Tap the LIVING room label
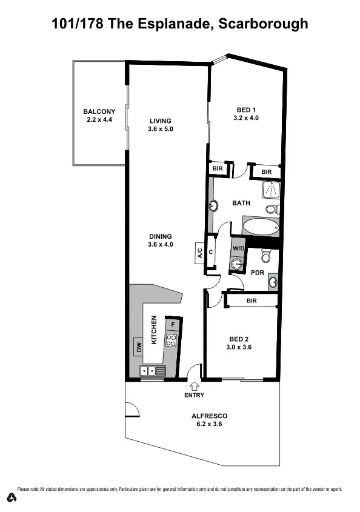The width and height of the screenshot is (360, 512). [x=160, y=121]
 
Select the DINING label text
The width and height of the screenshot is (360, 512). [x=160, y=236]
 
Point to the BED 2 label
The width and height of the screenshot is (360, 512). [x=239, y=339]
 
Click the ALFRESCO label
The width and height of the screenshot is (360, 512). [x=209, y=416]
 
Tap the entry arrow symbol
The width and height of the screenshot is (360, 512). [x=195, y=385]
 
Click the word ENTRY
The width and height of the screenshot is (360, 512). [x=195, y=395]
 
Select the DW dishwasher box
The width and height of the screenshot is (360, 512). [x=139, y=347]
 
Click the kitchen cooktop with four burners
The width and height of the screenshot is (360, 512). [x=172, y=340]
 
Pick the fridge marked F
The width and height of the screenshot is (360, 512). [x=173, y=324]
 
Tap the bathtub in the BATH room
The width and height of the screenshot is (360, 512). [x=260, y=228]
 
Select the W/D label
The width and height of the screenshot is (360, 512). [x=237, y=248]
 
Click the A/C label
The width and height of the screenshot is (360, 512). [x=199, y=252]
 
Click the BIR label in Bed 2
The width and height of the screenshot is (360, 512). [x=252, y=300]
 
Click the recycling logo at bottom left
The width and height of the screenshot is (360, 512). [x=12, y=497]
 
